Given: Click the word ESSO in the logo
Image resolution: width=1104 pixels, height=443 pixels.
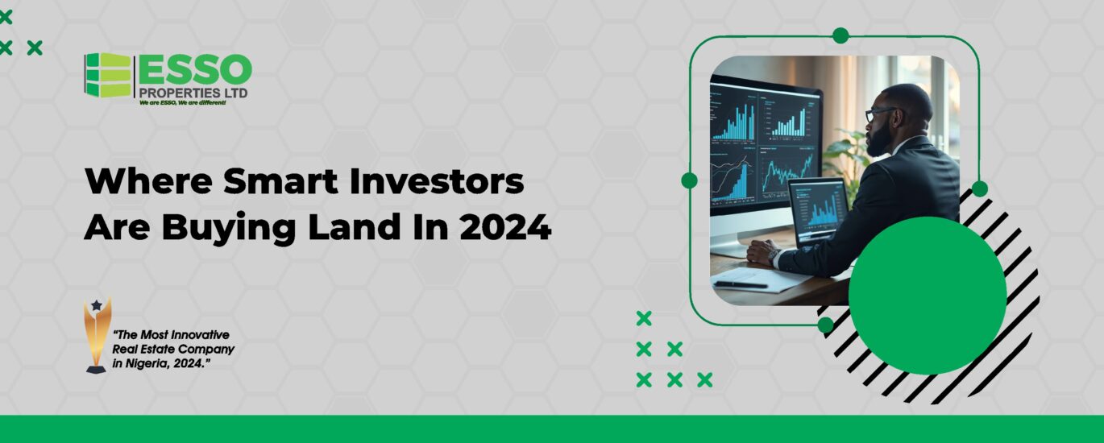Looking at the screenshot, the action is click(x=195, y=69).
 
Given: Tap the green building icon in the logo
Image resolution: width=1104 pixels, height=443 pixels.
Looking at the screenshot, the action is click(x=108, y=75).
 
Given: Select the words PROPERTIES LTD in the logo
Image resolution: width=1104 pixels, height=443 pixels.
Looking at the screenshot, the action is click(x=193, y=93).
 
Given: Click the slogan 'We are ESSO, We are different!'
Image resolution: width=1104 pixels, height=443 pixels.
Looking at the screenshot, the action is click(x=182, y=103).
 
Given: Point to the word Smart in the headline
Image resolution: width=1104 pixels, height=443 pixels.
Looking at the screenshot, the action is click(x=280, y=181).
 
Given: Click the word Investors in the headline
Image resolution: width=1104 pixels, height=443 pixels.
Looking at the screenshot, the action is click(x=437, y=181).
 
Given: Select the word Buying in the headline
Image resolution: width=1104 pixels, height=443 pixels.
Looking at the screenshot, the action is click(x=229, y=228).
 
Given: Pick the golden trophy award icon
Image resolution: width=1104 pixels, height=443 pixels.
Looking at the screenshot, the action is click(x=97, y=335).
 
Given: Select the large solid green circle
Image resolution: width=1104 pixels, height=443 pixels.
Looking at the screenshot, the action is click(x=927, y=295).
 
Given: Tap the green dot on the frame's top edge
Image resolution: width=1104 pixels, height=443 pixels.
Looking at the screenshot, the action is click(x=840, y=35).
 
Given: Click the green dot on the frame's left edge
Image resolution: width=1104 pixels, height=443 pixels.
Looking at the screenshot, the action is click(x=689, y=180).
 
